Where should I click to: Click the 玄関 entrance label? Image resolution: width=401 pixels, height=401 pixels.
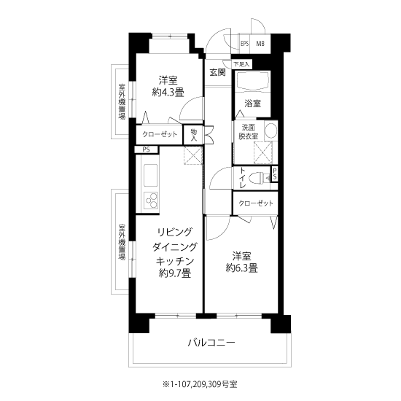click(x=218, y=73)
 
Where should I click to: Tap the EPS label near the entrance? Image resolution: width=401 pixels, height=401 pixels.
click(x=244, y=44)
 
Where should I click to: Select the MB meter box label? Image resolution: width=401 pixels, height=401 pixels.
click(x=260, y=44)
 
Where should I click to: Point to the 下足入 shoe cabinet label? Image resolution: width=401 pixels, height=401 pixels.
click(x=241, y=64)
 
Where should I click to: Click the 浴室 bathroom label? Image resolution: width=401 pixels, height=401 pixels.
click(x=253, y=104)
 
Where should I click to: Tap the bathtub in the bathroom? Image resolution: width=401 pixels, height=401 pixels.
click(x=253, y=80)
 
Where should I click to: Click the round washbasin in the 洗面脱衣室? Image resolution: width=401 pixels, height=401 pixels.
click(x=270, y=130)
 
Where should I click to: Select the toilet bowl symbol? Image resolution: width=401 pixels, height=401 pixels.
click(x=260, y=177)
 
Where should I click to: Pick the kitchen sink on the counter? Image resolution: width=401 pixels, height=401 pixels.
click(x=150, y=176)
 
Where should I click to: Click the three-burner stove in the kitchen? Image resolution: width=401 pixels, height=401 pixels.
click(x=151, y=200)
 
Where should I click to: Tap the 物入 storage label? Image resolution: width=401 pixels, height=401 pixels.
click(x=194, y=136)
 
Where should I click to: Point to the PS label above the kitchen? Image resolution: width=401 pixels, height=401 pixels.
click(x=146, y=149)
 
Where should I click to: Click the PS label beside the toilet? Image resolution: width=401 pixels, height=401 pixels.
click(x=274, y=174)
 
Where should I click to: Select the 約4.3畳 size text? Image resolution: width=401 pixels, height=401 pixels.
click(x=168, y=93)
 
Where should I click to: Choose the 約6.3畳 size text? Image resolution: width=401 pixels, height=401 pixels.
click(x=241, y=268)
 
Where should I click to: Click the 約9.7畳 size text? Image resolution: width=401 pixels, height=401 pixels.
click(x=175, y=273)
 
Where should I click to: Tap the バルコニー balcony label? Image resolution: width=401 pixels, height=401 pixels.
click(x=211, y=342)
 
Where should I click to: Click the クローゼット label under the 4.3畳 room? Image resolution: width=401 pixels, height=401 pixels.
click(x=160, y=134)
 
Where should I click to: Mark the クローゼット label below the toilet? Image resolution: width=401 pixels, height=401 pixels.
click(x=256, y=203)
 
